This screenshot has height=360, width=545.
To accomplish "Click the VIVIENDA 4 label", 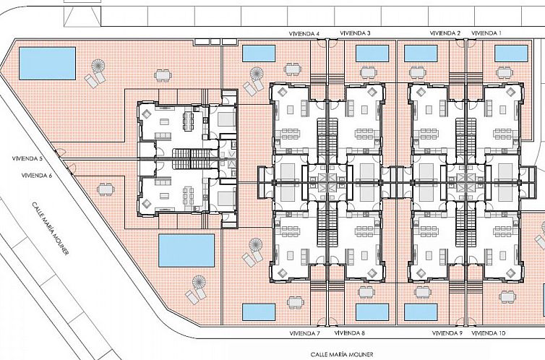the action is coord(304,34).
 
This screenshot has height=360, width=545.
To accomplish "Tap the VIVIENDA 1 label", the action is coord(486,33).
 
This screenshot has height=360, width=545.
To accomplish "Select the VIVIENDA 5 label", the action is coord(27,158).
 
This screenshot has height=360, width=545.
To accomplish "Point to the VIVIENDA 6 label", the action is coord(36,176).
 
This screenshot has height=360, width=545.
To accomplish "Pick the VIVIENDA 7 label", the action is coord(304,333).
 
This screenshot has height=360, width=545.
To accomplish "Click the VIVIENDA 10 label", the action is coord(489,333).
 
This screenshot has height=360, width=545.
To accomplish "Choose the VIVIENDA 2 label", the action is coord(445,33).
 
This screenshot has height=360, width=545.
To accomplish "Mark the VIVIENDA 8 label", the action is coord(349,333).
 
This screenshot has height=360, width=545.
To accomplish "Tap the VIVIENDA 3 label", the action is coord(355,33).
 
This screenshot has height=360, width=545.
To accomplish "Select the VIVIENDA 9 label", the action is coord(447,333).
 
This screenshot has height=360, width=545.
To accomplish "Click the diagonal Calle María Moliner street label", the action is coord(51,228).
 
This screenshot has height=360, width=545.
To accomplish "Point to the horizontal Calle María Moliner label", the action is coord(342,354).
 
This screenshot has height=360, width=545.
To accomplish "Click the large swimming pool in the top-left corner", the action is coord(47,64).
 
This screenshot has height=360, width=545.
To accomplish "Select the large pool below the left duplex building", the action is coord(186,250).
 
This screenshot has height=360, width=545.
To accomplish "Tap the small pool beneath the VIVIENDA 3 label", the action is coord(372,53).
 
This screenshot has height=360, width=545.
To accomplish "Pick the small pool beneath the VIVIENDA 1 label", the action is coord(511,53).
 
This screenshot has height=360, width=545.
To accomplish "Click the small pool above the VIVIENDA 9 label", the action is coord(421,312).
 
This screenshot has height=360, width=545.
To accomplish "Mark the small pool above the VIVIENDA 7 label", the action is coord(259,312).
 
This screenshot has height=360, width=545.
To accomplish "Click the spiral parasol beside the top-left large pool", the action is coord(98,65).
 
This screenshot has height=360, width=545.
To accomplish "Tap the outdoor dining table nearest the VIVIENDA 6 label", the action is coord(106,189).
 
